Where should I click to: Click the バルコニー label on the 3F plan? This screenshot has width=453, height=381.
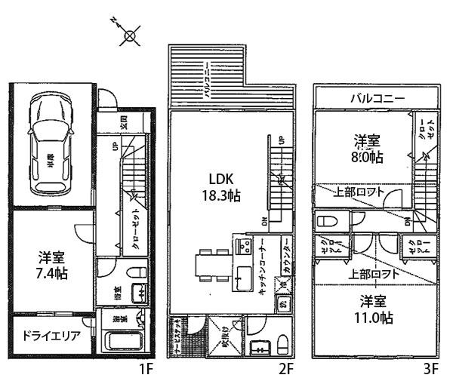coord(377,98)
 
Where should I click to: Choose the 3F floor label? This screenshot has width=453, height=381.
coord(430,369)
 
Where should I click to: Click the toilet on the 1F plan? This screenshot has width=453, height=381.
coord(135,271)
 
